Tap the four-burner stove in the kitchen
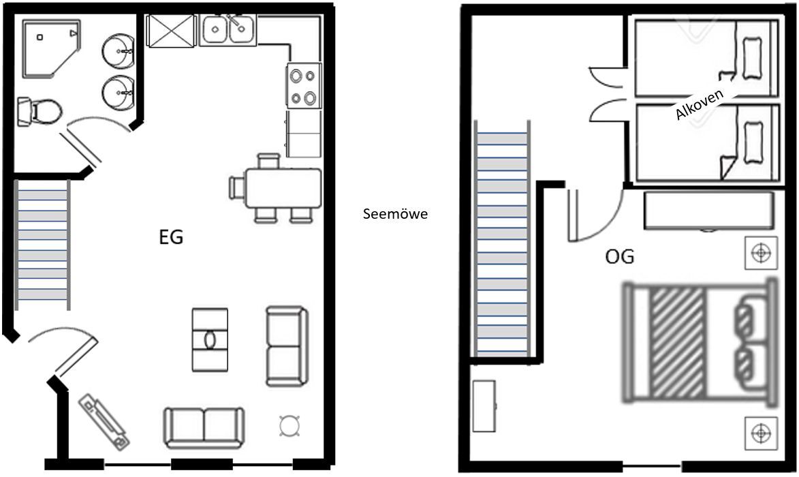(304, 86)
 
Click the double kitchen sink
(228, 30)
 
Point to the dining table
(283, 189)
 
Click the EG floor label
(171, 238)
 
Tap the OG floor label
(620, 256)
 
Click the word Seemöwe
(396, 214)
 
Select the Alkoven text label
(699, 104)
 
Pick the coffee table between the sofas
(209, 339)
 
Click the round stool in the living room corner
(289, 426)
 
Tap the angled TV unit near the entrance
(104, 422)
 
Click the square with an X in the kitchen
(171, 31)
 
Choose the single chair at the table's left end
(238, 187)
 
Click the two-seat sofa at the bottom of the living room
(203, 427)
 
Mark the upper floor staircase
(503, 239)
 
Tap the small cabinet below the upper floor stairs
(484, 406)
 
